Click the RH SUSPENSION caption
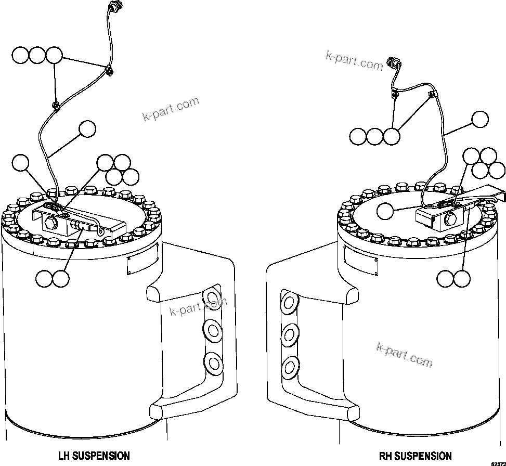pyautogui.click(x=415, y=456)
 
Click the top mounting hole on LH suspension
pyautogui.click(x=212, y=298)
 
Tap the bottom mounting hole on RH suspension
pyautogui.click(x=289, y=367)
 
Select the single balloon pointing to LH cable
pyautogui.click(x=87, y=130)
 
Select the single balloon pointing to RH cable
pyautogui.click(x=480, y=119)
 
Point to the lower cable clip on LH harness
pyautogui.click(x=55, y=106)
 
